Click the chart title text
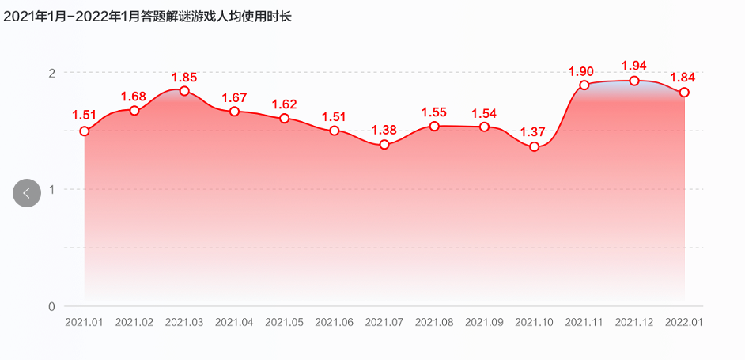click(x=148, y=16)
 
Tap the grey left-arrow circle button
click(x=27, y=193)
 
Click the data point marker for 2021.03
click(x=184, y=91)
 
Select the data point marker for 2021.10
click(x=535, y=146)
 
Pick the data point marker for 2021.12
click(x=634, y=81)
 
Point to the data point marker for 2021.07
click(x=384, y=145)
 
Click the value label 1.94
click(x=634, y=65)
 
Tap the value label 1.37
click(x=533, y=131)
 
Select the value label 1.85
click(x=184, y=78)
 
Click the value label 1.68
click(x=134, y=97)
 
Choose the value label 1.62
click(x=284, y=104)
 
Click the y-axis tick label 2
click(x=51, y=73)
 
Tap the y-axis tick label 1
click(x=51, y=189)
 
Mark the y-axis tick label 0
click(x=51, y=306)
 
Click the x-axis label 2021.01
click(x=84, y=323)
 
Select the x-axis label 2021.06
click(x=334, y=323)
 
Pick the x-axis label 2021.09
click(x=484, y=323)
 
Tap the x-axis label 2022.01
click(x=684, y=323)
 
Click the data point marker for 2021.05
click(x=285, y=119)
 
